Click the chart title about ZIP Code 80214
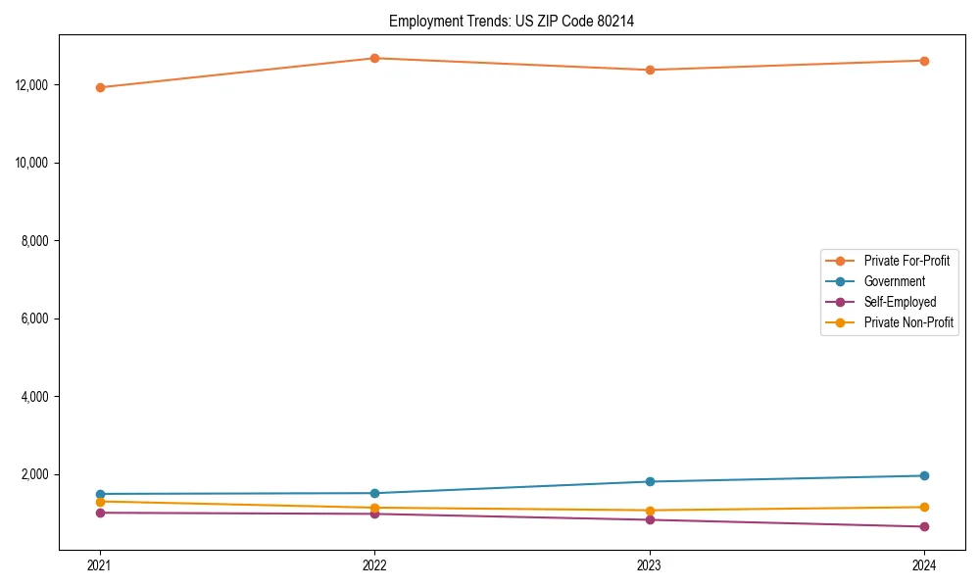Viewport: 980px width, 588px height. [x=512, y=21]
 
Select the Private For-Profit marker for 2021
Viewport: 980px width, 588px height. [x=99, y=87]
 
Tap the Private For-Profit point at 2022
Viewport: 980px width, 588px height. [x=374, y=58]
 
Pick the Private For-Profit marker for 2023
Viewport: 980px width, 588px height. [x=650, y=70]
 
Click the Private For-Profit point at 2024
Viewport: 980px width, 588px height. [x=924, y=61]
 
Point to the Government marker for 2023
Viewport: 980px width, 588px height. [x=650, y=481]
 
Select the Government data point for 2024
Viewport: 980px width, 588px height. [x=924, y=475]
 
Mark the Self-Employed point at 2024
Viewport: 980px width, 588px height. [x=924, y=526]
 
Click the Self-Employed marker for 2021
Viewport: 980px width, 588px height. [x=99, y=513]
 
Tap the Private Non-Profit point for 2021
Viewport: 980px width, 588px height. [x=99, y=502]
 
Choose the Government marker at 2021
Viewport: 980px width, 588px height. [x=99, y=494]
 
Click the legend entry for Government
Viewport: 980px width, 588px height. [x=894, y=281]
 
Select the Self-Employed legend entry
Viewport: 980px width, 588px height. [x=900, y=302]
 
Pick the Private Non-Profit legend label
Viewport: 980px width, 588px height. [x=908, y=322]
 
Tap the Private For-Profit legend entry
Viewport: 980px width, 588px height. [x=906, y=261]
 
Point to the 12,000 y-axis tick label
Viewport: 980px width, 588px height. [x=32, y=84]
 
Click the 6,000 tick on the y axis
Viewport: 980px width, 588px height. [x=35, y=318]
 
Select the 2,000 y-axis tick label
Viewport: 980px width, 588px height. [x=35, y=474]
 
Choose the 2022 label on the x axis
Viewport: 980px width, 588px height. [x=374, y=564]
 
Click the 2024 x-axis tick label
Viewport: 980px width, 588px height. [x=924, y=564]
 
